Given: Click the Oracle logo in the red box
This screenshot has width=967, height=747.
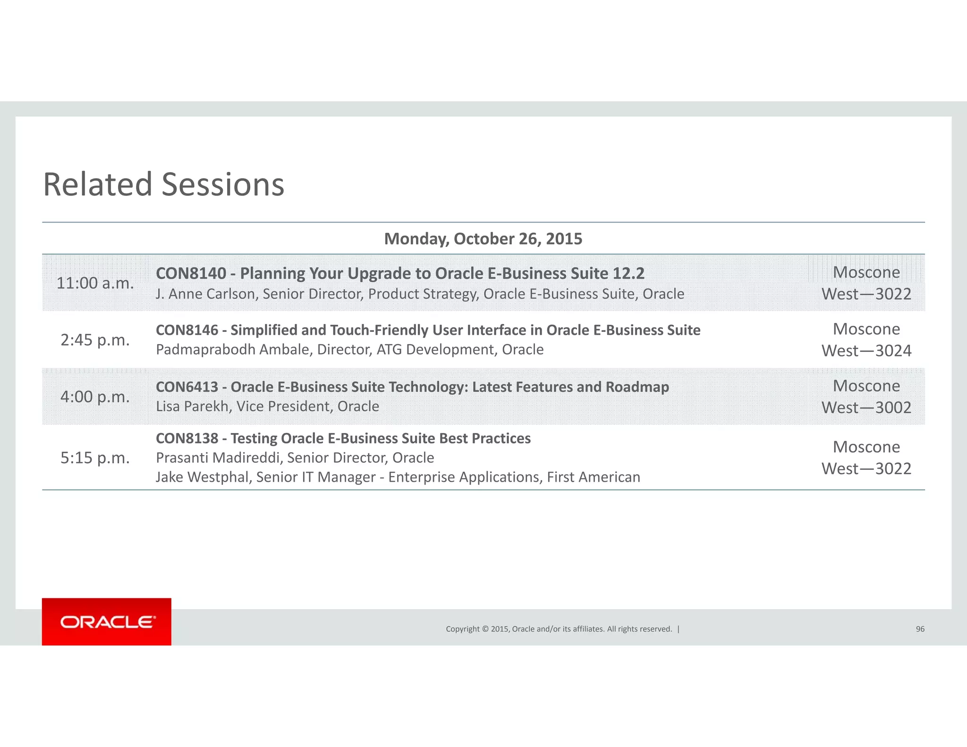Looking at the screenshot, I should pos(107,622).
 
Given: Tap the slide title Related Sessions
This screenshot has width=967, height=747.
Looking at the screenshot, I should pos(163,184).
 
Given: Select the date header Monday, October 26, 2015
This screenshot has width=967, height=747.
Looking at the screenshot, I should pos(483,239).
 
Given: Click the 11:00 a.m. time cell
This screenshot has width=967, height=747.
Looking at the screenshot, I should pos(95,283).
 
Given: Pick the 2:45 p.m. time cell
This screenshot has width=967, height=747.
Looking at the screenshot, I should pos(95,340).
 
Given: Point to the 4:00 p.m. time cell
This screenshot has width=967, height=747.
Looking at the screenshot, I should pos(95,397).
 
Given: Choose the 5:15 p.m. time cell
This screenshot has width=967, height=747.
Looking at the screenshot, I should pos(95,458).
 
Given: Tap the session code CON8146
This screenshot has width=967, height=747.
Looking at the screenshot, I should pos(187,330).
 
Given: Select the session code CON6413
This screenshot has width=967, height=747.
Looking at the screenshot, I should pos(187,387).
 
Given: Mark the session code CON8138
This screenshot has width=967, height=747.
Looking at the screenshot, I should pos(187,439).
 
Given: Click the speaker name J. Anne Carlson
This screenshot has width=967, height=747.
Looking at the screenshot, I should pos(205,294).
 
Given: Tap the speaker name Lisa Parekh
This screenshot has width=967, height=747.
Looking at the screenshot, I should pos(192,407).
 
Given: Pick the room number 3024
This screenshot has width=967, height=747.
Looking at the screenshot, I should pos(893,351).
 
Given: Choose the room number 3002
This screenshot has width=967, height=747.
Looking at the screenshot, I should pos(893,407).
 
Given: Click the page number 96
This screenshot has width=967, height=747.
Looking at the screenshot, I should pos(920,629).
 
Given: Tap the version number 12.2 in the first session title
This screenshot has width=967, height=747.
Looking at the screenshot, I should pos(628,273).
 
